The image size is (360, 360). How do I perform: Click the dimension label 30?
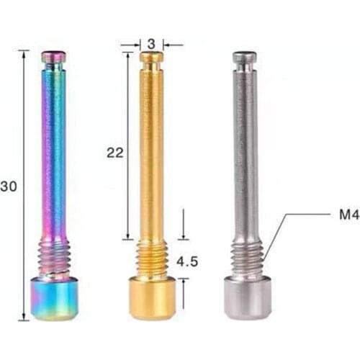point(9,186)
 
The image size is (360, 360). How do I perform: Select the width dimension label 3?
point(152,44)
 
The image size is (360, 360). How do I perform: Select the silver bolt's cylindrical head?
point(247,297)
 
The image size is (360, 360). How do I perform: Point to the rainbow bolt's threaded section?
point(54,258)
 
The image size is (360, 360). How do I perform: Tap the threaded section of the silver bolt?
point(246,257)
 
